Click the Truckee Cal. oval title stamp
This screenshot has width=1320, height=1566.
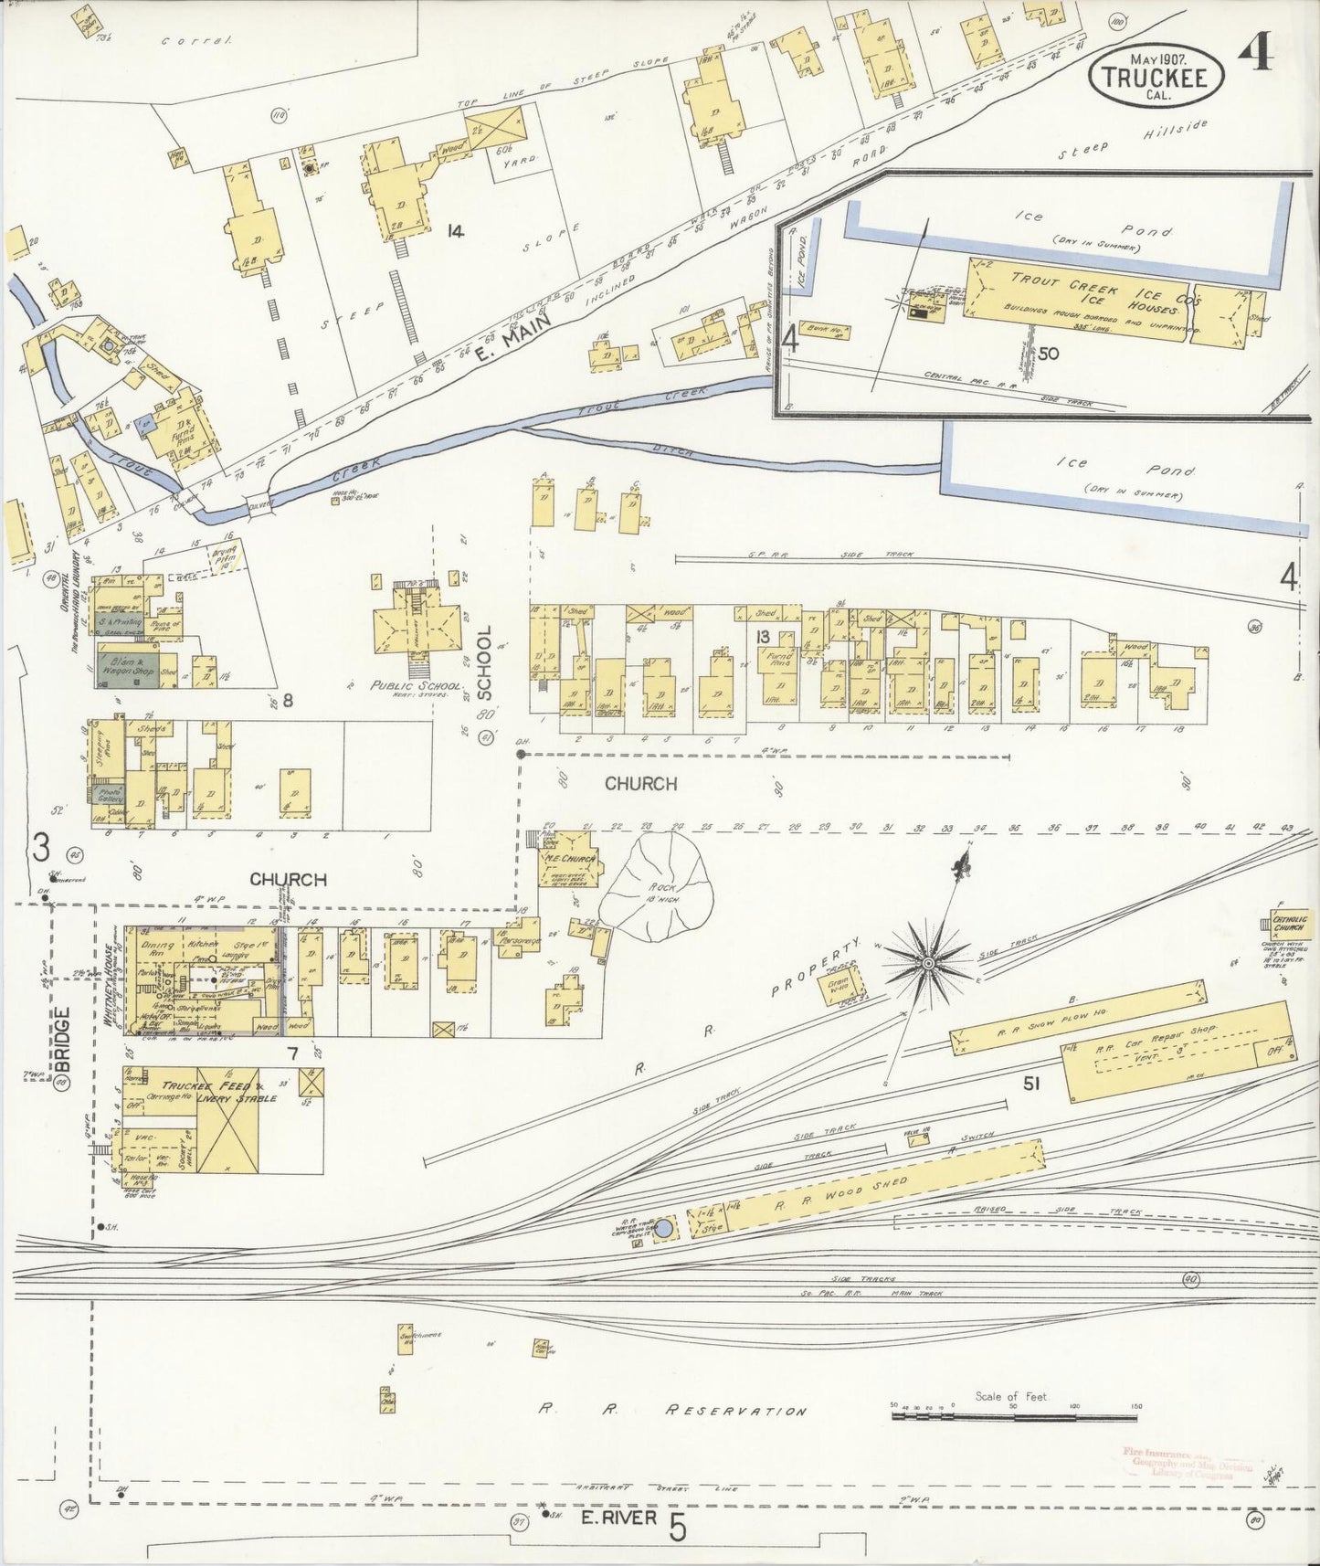(x=1156, y=76)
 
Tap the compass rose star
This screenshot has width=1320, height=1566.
(x=928, y=963)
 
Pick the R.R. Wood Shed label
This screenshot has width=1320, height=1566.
(x=840, y=1194)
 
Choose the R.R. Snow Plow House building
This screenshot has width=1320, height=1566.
(x=1078, y=1017)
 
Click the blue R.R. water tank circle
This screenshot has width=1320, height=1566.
(x=664, y=1229)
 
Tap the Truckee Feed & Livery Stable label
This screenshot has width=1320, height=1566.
(x=219, y=1092)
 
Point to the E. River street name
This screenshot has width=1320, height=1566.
(x=618, y=1518)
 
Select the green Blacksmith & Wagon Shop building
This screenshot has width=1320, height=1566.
(x=128, y=664)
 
